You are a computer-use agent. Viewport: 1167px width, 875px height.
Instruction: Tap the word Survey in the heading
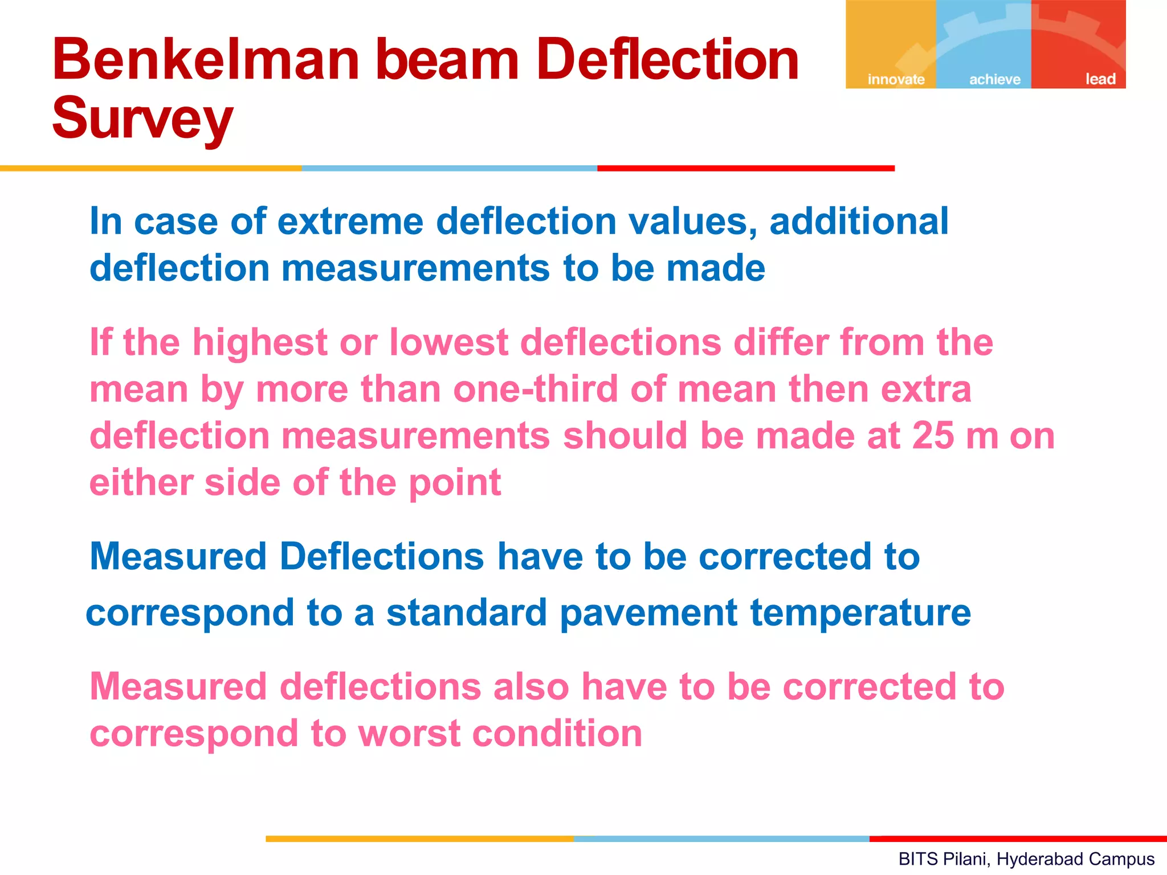(142, 118)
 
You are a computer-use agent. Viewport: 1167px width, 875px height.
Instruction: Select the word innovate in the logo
(896, 79)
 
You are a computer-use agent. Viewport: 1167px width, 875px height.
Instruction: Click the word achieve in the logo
(995, 79)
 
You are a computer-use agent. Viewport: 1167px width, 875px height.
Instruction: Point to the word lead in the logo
(1100, 79)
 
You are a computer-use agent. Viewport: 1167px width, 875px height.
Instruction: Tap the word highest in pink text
(260, 343)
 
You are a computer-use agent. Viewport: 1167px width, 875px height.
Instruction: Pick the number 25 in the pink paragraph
(933, 436)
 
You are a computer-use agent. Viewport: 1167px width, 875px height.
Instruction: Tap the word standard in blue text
(466, 613)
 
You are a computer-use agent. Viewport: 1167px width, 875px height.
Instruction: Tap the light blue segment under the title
(449, 169)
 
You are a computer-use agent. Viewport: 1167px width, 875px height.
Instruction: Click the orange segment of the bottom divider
(419, 839)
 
